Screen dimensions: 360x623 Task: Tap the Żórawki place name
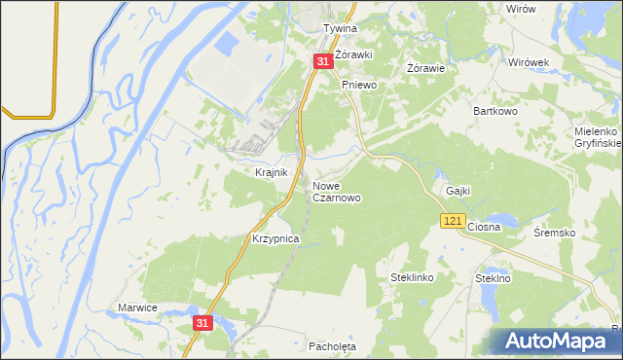click(354, 54)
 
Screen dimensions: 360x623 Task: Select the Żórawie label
click(425, 68)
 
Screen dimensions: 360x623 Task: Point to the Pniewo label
click(358, 86)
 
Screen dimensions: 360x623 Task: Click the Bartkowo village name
click(494, 111)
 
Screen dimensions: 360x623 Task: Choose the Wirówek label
click(530, 61)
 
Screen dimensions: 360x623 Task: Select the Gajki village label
click(458, 191)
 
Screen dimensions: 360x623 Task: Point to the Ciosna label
click(484, 227)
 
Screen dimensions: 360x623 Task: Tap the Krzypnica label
click(275, 238)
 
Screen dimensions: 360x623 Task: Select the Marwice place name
click(137, 307)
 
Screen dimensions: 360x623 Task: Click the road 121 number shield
click(451, 223)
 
